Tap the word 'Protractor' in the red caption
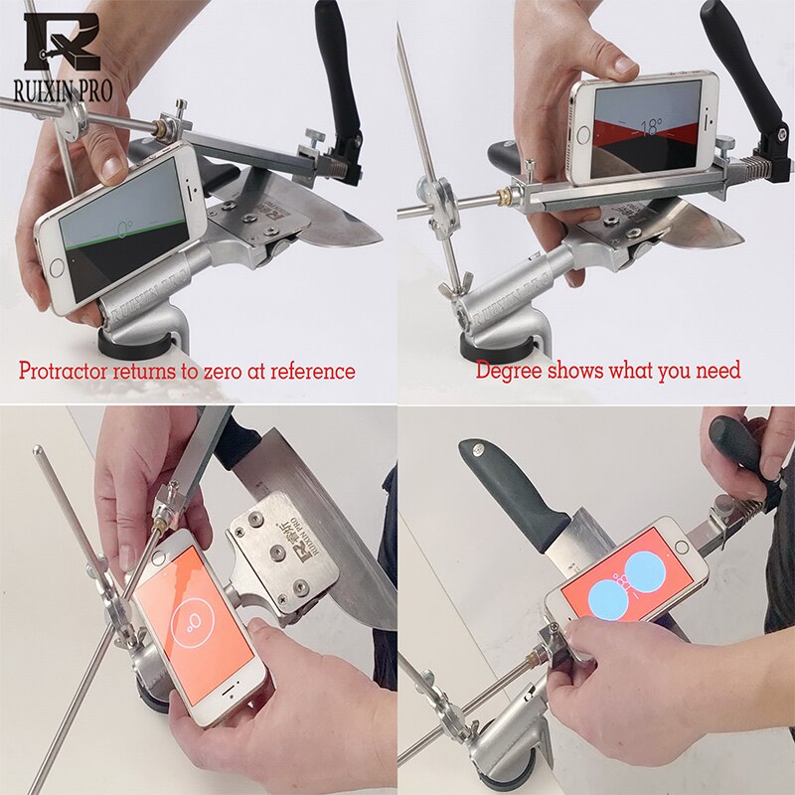pyautogui.click(x=67, y=372)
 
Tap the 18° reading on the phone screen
pyautogui.click(x=647, y=127)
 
